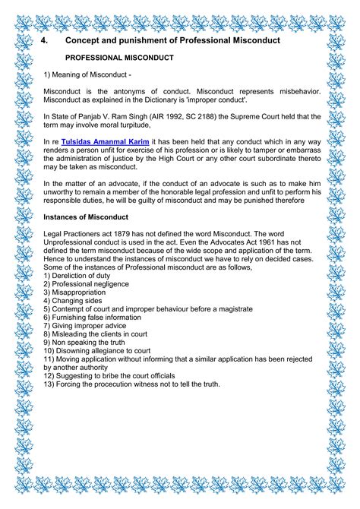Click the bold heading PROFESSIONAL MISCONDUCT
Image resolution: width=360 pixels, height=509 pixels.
[x=119, y=57]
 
